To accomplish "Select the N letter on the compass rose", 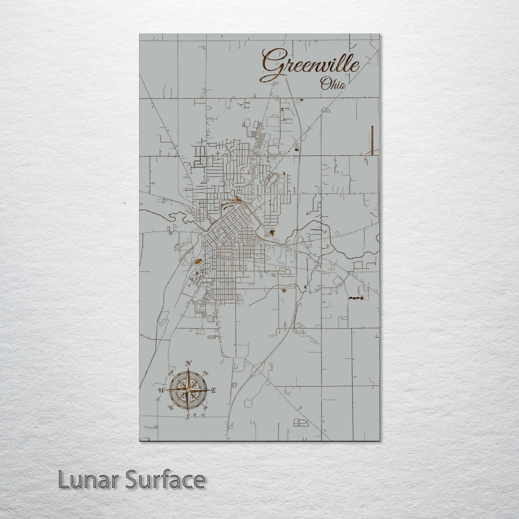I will [189, 363].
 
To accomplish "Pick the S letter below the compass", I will [188, 416].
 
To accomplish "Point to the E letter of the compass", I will [214, 390].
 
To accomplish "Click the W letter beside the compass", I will [161, 390].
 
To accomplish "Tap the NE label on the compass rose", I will [206, 372].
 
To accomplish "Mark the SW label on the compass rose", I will [171, 408].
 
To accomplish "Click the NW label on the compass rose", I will [171, 372].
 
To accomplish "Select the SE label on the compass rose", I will [206, 408].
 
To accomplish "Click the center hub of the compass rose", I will [188, 390].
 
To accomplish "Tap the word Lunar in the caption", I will [88, 480].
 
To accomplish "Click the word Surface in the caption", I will [165, 480].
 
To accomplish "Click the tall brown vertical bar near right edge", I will [372, 140].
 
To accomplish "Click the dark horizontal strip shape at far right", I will [356, 298].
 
